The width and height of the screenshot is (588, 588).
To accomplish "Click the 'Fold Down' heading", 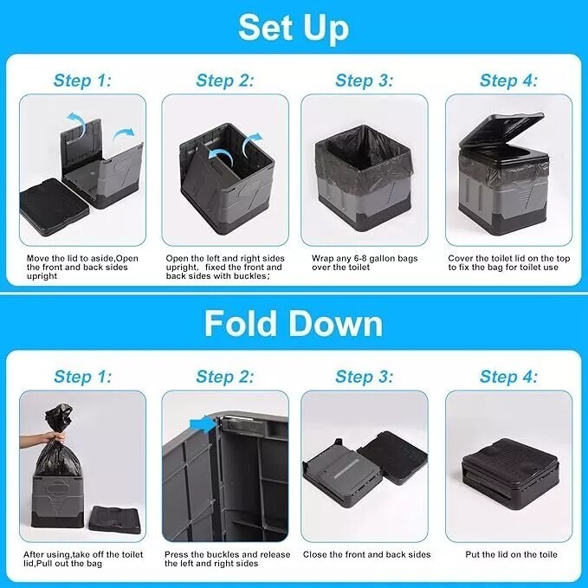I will (x=294, y=323).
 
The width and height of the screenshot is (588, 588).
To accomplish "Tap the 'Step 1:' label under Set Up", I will (x=83, y=81).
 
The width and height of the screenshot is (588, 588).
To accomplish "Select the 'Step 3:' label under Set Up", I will (x=365, y=81).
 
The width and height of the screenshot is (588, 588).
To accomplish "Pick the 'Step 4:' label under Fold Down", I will (x=508, y=376).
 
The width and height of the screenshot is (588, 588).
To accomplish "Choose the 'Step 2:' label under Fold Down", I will (x=225, y=376).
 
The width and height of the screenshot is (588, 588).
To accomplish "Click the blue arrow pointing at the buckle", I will (x=202, y=423).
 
